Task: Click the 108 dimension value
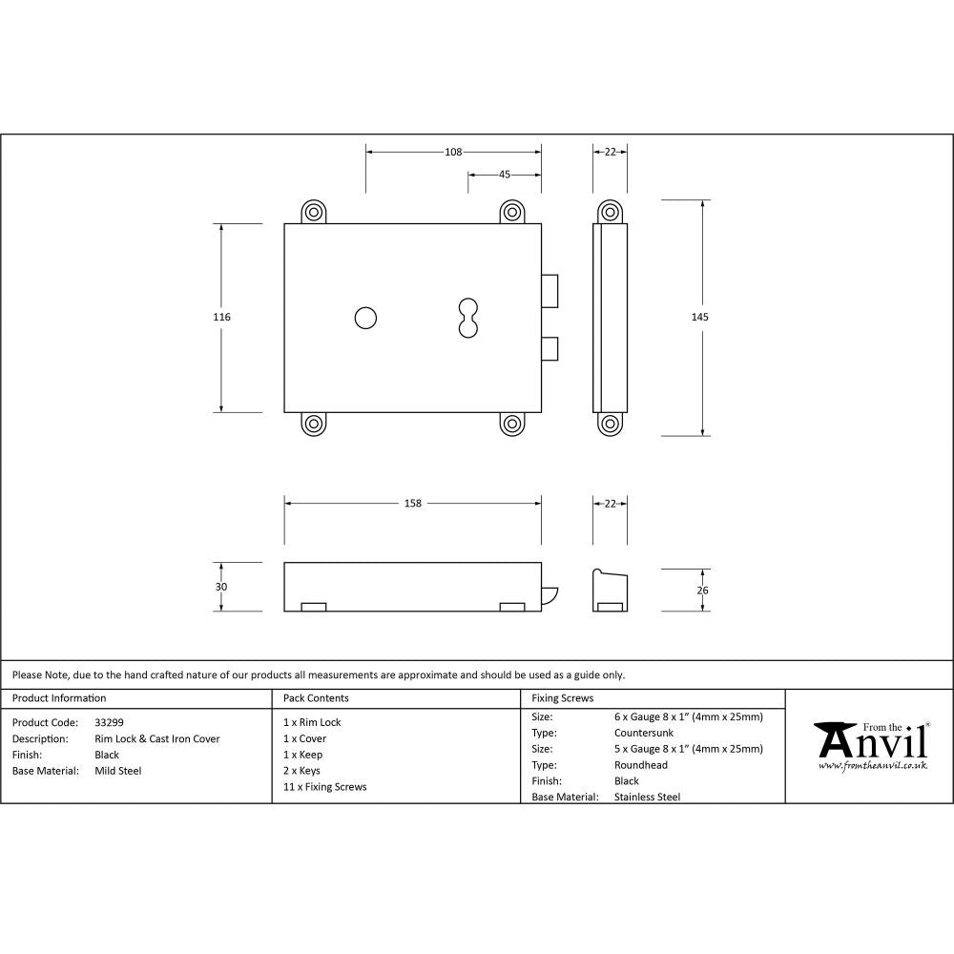pos(453,152)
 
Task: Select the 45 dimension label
pos(505,175)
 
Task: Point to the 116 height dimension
pos(222,317)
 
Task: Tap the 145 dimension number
pos(703,317)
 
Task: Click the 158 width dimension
pos(412,503)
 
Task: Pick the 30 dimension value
pos(221,587)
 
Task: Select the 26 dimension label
pos(703,591)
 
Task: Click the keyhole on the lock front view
pos(467,318)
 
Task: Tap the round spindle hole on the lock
pos(364,318)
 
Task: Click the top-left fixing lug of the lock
pos(314,212)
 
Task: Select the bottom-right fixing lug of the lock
pos(512,425)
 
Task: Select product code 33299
pos(109,723)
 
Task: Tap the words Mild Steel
pos(117,771)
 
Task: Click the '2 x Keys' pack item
pos(302,771)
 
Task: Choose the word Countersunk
pos(644,733)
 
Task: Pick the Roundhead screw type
pos(641,765)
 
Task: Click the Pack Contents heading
pos(317,698)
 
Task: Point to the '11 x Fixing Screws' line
pos(325,787)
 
